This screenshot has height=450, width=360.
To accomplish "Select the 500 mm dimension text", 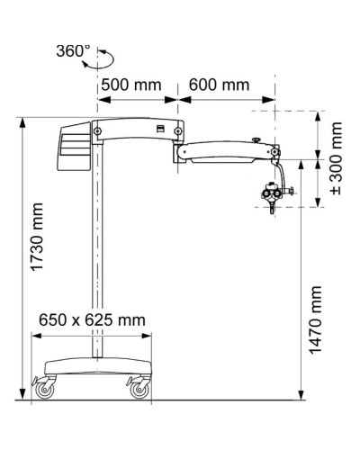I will pos(130,85).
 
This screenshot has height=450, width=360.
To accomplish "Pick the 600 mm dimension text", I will pos(219,85).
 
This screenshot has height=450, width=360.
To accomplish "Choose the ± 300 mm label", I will pos(337,161).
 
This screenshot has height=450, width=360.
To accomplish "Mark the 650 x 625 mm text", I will pos(93,319).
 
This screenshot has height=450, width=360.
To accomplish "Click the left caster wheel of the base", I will pos(45,390).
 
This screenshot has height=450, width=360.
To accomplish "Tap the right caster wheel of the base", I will pos(140,390).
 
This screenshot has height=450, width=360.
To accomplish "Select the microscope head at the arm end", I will pos(271,194).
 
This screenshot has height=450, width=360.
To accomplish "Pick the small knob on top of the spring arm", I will pos(256,139).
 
